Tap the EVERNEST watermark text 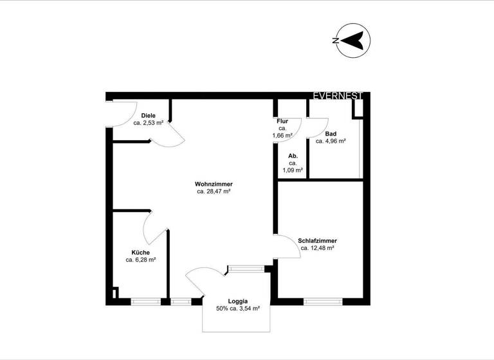pyautogui.click(x=338, y=96)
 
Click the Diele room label pyautogui.click(x=149, y=116)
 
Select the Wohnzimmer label pyautogui.click(x=214, y=184)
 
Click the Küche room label pyautogui.click(x=141, y=253)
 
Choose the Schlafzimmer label pyautogui.click(x=318, y=241)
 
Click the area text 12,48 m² pyautogui.click(x=321, y=248)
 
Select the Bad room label pyautogui.click(x=331, y=134)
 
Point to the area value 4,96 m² pyautogui.click(x=334, y=141)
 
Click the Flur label pyautogui.click(x=282, y=122)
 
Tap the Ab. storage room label pyautogui.click(x=293, y=156)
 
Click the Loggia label pyautogui.click(x=237, y=301)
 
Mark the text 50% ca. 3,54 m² pyautogui.click(x=237, y=309)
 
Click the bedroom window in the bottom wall pyautogui.click(x=323, y=300)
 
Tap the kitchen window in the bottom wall pyautogui.click(x=146, y=300)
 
